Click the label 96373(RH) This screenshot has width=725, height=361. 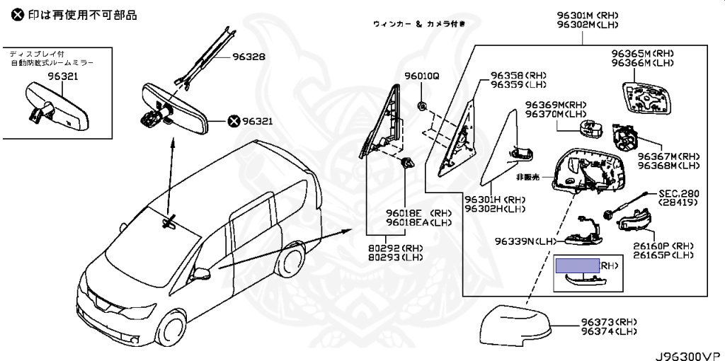point(608,322)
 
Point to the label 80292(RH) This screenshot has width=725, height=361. point(395,248)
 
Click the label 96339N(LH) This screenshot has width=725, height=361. point(525,241)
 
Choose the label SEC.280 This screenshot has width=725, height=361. point(678,193)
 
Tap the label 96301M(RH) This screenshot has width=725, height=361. point(587,15)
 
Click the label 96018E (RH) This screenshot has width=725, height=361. point(418,212)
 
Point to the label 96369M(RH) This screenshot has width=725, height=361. point(556,104)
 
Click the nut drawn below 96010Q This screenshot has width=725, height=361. point(422,106)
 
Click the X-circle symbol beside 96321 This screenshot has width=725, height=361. point(234,121)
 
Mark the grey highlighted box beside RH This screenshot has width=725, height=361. point(577,265)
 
